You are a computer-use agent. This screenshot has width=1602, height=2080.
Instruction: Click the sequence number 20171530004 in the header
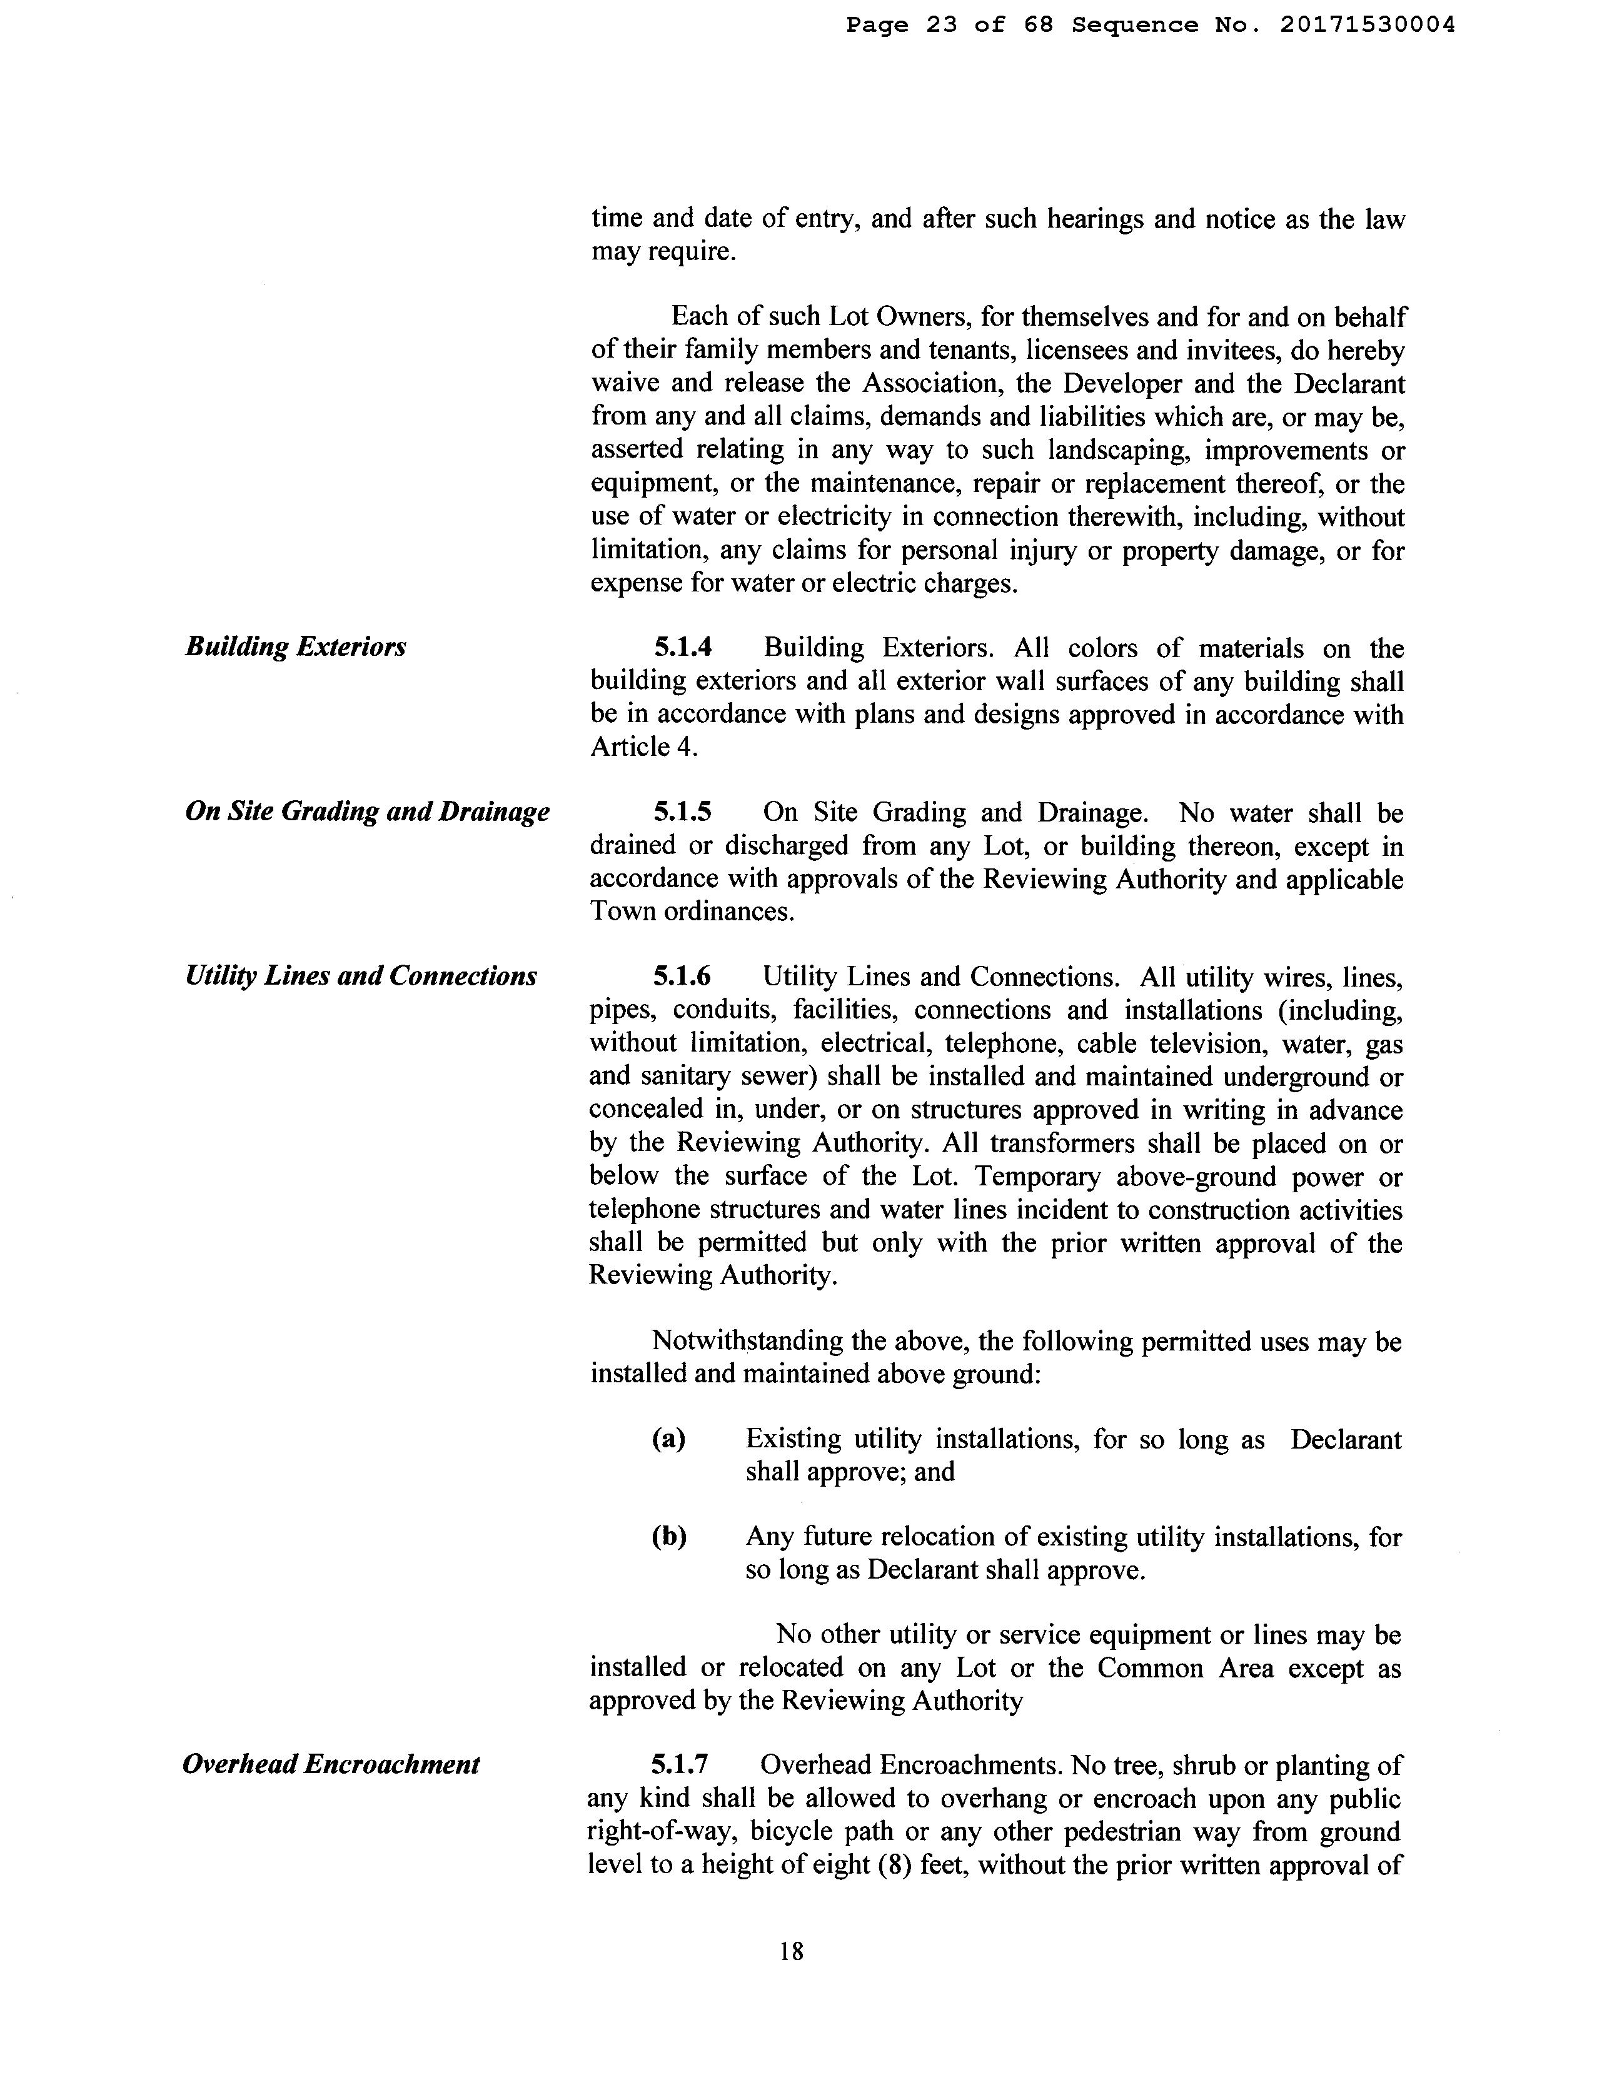point(1367,26)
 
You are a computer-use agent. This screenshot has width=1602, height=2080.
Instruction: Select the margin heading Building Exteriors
point(295,646)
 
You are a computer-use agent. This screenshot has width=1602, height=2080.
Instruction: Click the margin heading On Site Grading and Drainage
point(366,811)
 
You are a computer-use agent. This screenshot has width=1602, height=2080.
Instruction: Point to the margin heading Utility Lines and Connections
point(361,976)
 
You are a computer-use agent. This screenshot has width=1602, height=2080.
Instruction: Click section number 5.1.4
point(682,648)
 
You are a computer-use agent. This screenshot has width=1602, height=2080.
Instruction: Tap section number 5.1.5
point(682,812)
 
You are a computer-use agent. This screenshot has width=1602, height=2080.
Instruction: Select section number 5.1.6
point(682,977)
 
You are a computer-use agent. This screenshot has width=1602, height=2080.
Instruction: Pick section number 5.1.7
point(680,1765)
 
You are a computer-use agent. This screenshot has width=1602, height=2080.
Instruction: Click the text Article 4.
point(644,746)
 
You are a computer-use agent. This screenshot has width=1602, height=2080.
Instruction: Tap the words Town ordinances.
point(692,912)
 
